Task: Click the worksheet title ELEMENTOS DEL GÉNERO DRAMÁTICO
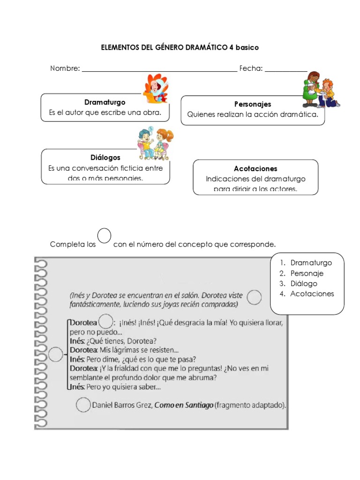point(180,48)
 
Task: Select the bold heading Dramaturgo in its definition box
point(105,102)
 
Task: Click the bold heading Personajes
point(253,104)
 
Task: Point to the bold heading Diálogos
point(105,157)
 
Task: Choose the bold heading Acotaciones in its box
point(255,168)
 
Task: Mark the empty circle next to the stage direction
point(254,297)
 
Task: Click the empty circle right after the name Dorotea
point(105,322)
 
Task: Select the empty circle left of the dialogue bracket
point(55,355)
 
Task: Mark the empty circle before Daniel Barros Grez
point(83,405)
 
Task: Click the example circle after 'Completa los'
point(104,236)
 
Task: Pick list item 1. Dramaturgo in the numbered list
point(306,263)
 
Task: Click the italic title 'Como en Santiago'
point(184,405)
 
